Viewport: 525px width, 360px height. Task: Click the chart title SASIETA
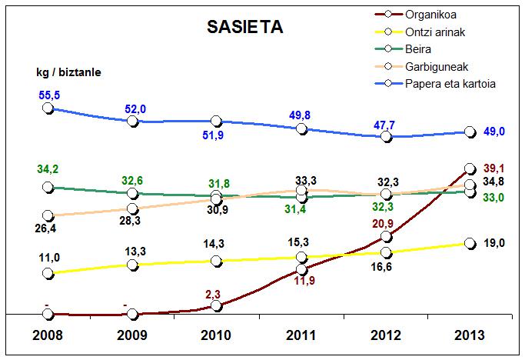(244, 28)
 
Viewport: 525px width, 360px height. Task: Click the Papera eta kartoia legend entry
(453, 84)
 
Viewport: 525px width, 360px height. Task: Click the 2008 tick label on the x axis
(48, 335)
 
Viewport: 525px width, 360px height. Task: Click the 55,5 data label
(48, 92)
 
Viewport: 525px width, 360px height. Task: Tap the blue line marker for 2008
(48, 108)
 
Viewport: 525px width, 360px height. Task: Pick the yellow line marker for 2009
(132, 265)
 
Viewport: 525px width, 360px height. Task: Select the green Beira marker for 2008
(48, 187)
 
